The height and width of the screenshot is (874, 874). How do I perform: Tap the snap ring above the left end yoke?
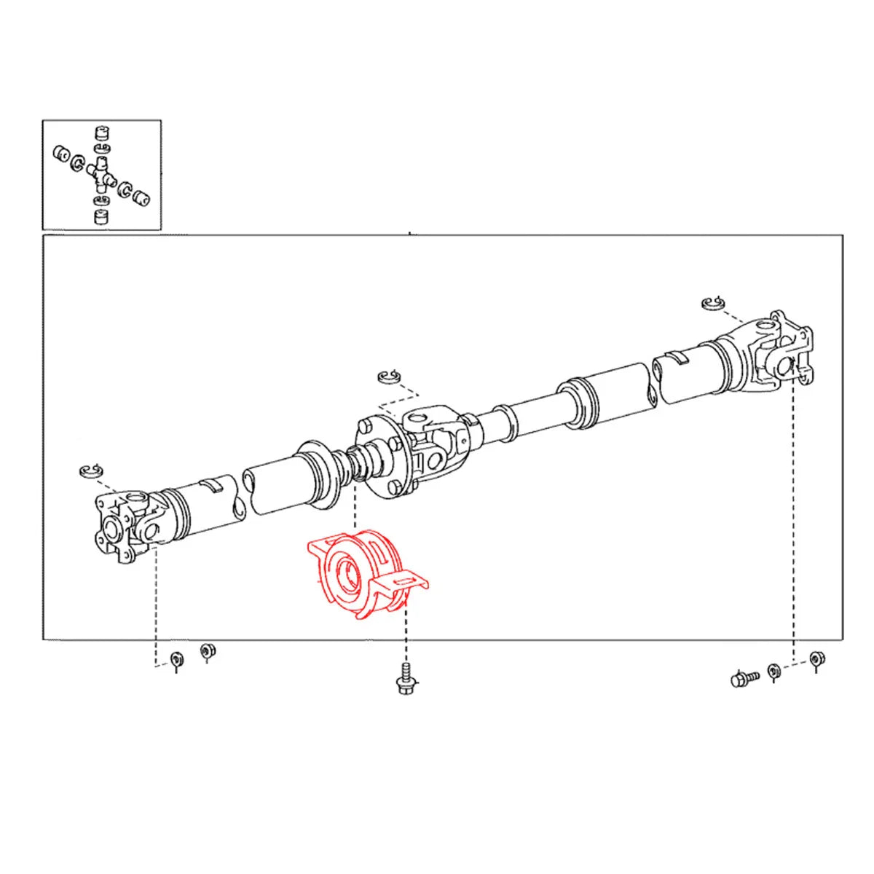[92, 471]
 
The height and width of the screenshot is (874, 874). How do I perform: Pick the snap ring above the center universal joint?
[389, 376]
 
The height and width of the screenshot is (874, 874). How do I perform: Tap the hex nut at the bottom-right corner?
[817, 659]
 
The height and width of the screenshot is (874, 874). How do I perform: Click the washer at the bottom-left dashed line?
[176, 661]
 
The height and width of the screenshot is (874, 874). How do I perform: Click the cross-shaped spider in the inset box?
[101, 173]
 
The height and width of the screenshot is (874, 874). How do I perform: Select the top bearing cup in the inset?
[102, 134]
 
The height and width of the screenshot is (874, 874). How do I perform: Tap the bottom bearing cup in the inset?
[101, 216]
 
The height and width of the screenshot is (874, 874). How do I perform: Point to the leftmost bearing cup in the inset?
[61, 154]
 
